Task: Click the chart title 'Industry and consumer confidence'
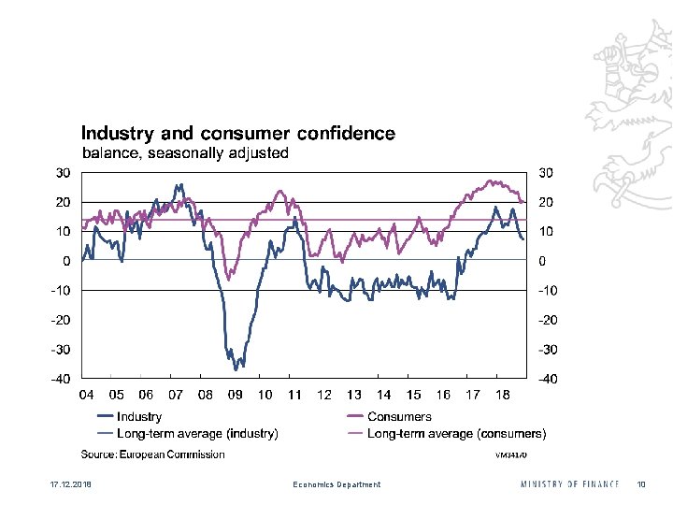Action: point(237,134)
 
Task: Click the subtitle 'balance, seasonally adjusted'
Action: point(186,152)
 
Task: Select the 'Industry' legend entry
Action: point(138,417)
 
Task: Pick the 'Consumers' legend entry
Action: point(399,417)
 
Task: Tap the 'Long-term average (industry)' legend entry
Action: point(196,433)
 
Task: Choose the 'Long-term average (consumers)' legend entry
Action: point(456,433)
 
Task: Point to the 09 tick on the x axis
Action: point(236,396)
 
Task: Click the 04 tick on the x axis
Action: point(86,396)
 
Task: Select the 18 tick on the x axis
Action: point(503,396)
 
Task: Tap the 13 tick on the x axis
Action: point(354,396)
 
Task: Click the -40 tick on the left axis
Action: point(61,380)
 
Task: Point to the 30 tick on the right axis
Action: point(546,173)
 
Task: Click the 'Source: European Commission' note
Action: point(152,454)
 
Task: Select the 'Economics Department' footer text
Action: point(336,484)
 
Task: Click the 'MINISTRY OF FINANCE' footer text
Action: point(569,483)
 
